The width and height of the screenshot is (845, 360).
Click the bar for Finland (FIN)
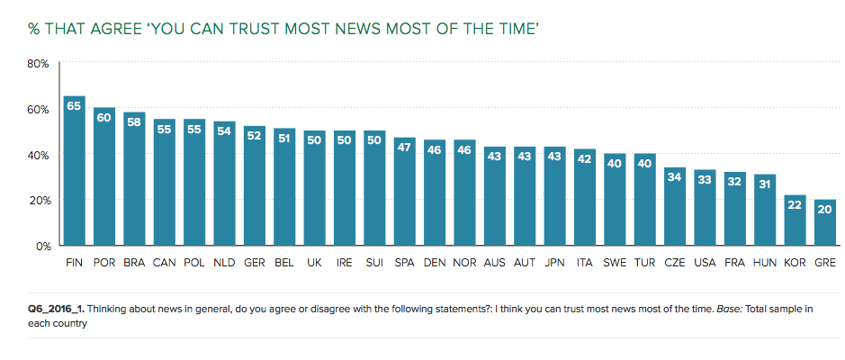tap(75, 171)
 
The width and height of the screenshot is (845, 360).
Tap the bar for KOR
tap(795, 220)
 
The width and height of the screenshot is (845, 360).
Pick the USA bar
tap(705, 208)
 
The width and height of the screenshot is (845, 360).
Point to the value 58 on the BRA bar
tap(135, 121)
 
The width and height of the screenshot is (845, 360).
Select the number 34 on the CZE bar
tap(675, 176)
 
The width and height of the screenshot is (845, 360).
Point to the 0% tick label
tap(41, 246)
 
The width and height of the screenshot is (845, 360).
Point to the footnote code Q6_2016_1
tap(57, 309)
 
